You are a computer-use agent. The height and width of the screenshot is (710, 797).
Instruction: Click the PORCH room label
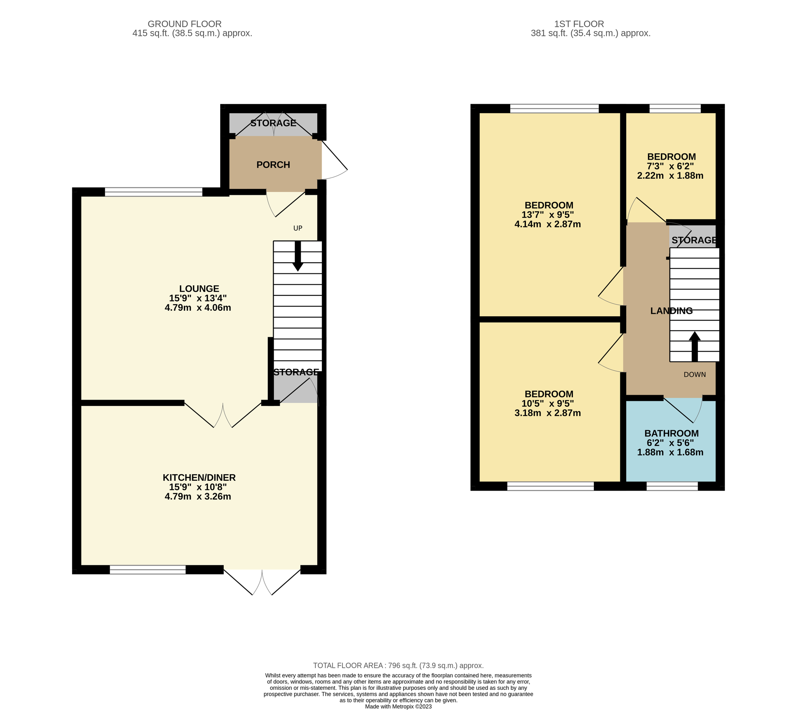pyautogui.click(x=273, y=165)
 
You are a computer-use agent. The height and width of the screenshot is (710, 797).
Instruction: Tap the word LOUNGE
pyautogui.click(x=199, y=289)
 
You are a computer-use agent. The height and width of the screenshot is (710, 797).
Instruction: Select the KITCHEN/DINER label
pyautogui.click(x=199, y=478)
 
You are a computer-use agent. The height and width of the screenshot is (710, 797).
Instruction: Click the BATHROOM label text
pyautogui.click(x=671, y=433)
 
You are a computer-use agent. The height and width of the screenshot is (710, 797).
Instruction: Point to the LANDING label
pyautogui.click(x=671, y=311)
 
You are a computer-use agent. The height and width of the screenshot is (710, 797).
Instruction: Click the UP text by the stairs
pyautogui.click(x=297, y=228)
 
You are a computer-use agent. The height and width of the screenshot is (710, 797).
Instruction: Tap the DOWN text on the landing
pyautogui.click(x=694, y=375)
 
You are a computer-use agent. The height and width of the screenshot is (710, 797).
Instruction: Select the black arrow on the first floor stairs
pyautogui.click(x=694, y=346)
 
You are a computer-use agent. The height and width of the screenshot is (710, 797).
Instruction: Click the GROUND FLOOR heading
pyautogui.click(x=185, y=24)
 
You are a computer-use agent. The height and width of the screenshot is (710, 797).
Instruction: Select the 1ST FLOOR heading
pyautogui.click(x=579, y=24)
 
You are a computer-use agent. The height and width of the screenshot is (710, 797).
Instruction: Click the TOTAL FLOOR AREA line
pyautogui.click(x=398, y=666)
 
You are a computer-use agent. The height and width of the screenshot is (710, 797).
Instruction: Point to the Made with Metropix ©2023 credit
pyautogui.click(x=398, y=706)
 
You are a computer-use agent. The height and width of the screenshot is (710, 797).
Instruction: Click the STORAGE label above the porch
pyautogui.click(x=273, y=123)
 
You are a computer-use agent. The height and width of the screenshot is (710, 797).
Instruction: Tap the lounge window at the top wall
pyautogui.click(x=153, y=192)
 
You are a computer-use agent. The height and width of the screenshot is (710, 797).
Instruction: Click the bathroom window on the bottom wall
pyautogui.click(x=672, y=486)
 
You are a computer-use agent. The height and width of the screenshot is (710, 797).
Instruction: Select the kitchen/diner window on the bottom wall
pyautogui.click(x=148, y=570)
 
